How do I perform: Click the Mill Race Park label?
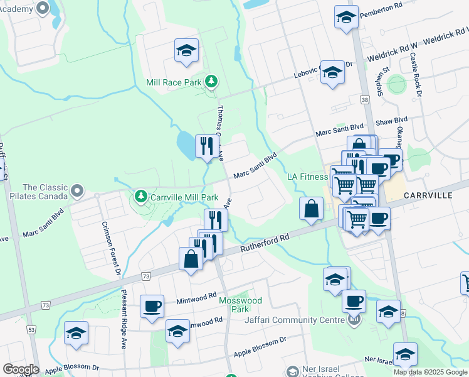(173, 82)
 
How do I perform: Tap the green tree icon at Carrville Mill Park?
(140, 197)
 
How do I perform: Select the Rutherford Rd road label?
(266, 243)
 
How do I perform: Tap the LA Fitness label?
(308, 177)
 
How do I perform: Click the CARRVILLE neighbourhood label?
(428, 195)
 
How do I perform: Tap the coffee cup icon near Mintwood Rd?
(152, 307)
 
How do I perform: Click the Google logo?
(21, 369)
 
